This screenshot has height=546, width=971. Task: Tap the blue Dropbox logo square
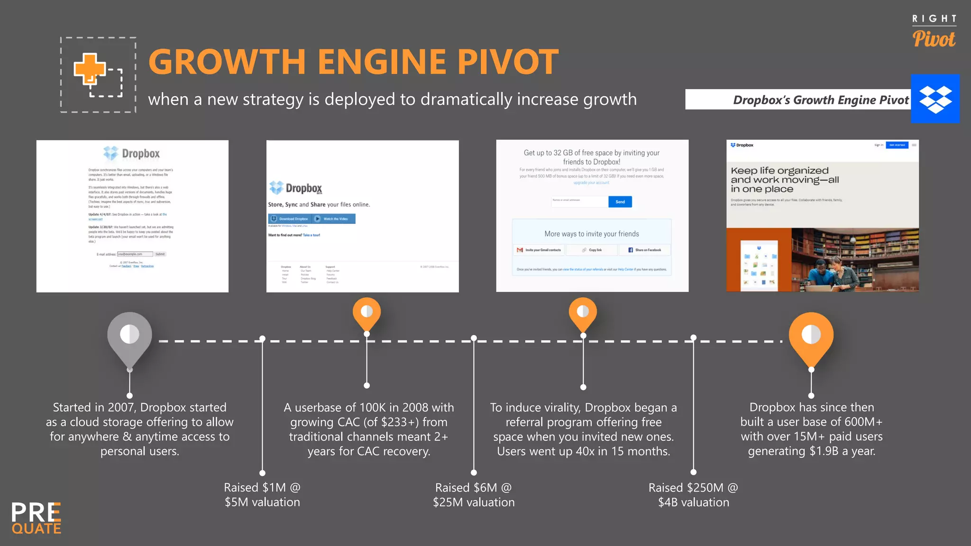pyautogui.click(x=935, y=99)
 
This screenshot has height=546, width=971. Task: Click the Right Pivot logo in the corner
pyautogui.click(x=934, y=31)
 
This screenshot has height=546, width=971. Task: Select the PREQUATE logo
pyautogui.click(x=37, y=518)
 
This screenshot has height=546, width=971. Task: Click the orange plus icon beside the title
pyautogui.click(x=89, y=69)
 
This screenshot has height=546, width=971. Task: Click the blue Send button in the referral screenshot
pyautogui.click(x=620, y=202)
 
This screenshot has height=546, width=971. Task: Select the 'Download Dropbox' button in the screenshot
pyautogui.click(x=290, y=219)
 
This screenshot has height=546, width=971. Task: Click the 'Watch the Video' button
pyautogui.click(x=334, y=219)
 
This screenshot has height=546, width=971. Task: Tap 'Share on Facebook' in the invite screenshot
pyautogui.click(x=644, y=250)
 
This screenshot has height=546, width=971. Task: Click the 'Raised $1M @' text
pyautogui.click(x=262, y=488)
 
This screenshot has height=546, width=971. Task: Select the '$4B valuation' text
pyautogui.click(x=693, y=502)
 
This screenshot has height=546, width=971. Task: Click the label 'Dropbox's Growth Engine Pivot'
pyautogui.click(x=820, y=100)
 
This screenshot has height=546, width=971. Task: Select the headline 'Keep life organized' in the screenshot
pyautogui.click(x=779, y=171)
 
